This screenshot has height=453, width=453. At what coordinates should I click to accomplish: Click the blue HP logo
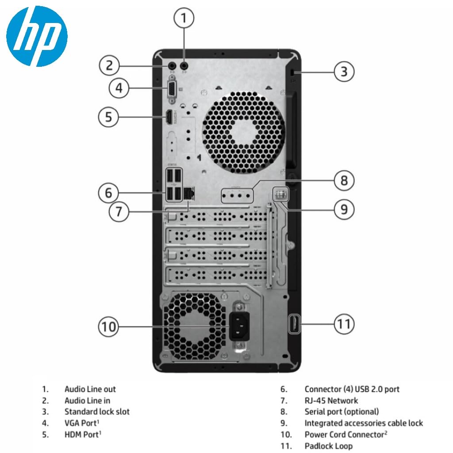[x=37, y=36]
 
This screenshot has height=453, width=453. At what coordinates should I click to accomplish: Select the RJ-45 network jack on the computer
[x=189, y=193]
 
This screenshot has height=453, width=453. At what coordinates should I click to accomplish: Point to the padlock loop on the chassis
[x=294, y=324]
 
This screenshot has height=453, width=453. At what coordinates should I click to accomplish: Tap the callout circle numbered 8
[x=344, y=180]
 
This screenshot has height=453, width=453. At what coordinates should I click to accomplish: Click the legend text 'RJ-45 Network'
[x=331, y=401]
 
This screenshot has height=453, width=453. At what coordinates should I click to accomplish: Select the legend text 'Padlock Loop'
[x=328, y=445]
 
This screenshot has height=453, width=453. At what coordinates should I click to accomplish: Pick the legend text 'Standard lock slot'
[x=97, y=412]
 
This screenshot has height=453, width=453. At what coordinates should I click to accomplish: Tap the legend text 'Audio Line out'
[x=90, y=389]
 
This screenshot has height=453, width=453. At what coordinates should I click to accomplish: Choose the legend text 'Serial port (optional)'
[x=342, y=412]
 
